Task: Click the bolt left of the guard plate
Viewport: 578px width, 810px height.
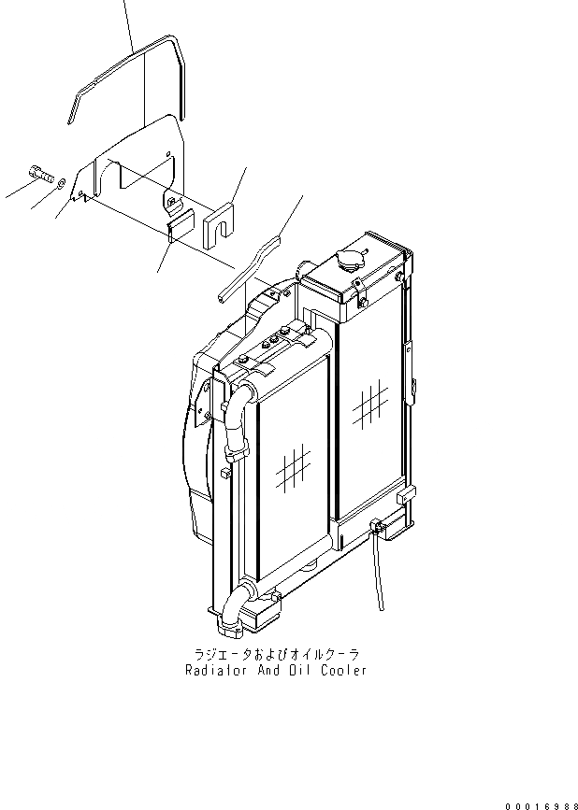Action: tap(37, 173)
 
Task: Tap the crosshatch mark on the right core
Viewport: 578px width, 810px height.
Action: tap(370, 404)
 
